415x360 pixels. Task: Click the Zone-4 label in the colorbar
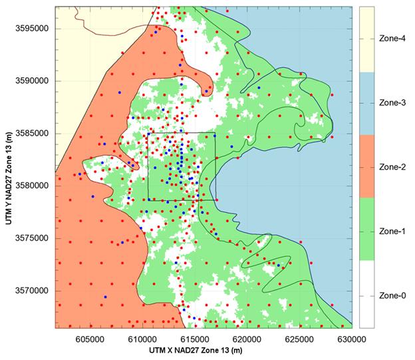click(391, 39)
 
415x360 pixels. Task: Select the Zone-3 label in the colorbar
click(391, 103)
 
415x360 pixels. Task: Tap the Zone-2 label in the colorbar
click(391, 167)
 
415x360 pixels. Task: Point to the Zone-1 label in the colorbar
click(391, 231)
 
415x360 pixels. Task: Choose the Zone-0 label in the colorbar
click(391, 295)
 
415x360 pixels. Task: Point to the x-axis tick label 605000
click(90, 338)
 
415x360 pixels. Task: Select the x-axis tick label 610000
click(142, 338)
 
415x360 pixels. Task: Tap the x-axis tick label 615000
click(194, 338)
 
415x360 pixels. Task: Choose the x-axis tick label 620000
click(246, 338)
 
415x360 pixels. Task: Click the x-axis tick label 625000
click(299, 338)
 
